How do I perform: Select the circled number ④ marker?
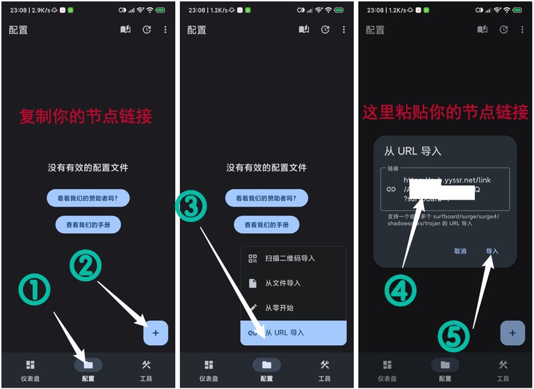(x=400, y=290)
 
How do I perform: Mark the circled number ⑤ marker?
(x=454, y=337)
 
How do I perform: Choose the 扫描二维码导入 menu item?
(x=290, y=258)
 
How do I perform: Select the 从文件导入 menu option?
(x=282, y=283)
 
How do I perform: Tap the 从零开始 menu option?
(x=279, y=308)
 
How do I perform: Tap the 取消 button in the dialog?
(x=460, y=251)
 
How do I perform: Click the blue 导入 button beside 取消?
(x=492, y=251)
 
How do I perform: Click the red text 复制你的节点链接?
(x=86, y=116)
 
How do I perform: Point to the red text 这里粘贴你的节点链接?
(x=446, y=111)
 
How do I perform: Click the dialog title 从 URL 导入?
(x=413, y=151)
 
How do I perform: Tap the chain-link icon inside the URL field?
(x=391, y=189)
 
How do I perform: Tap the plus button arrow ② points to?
(x=156, y=333)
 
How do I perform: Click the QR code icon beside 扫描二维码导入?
(x=253, y=258)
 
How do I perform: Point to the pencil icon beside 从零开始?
(x=253, y=308)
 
